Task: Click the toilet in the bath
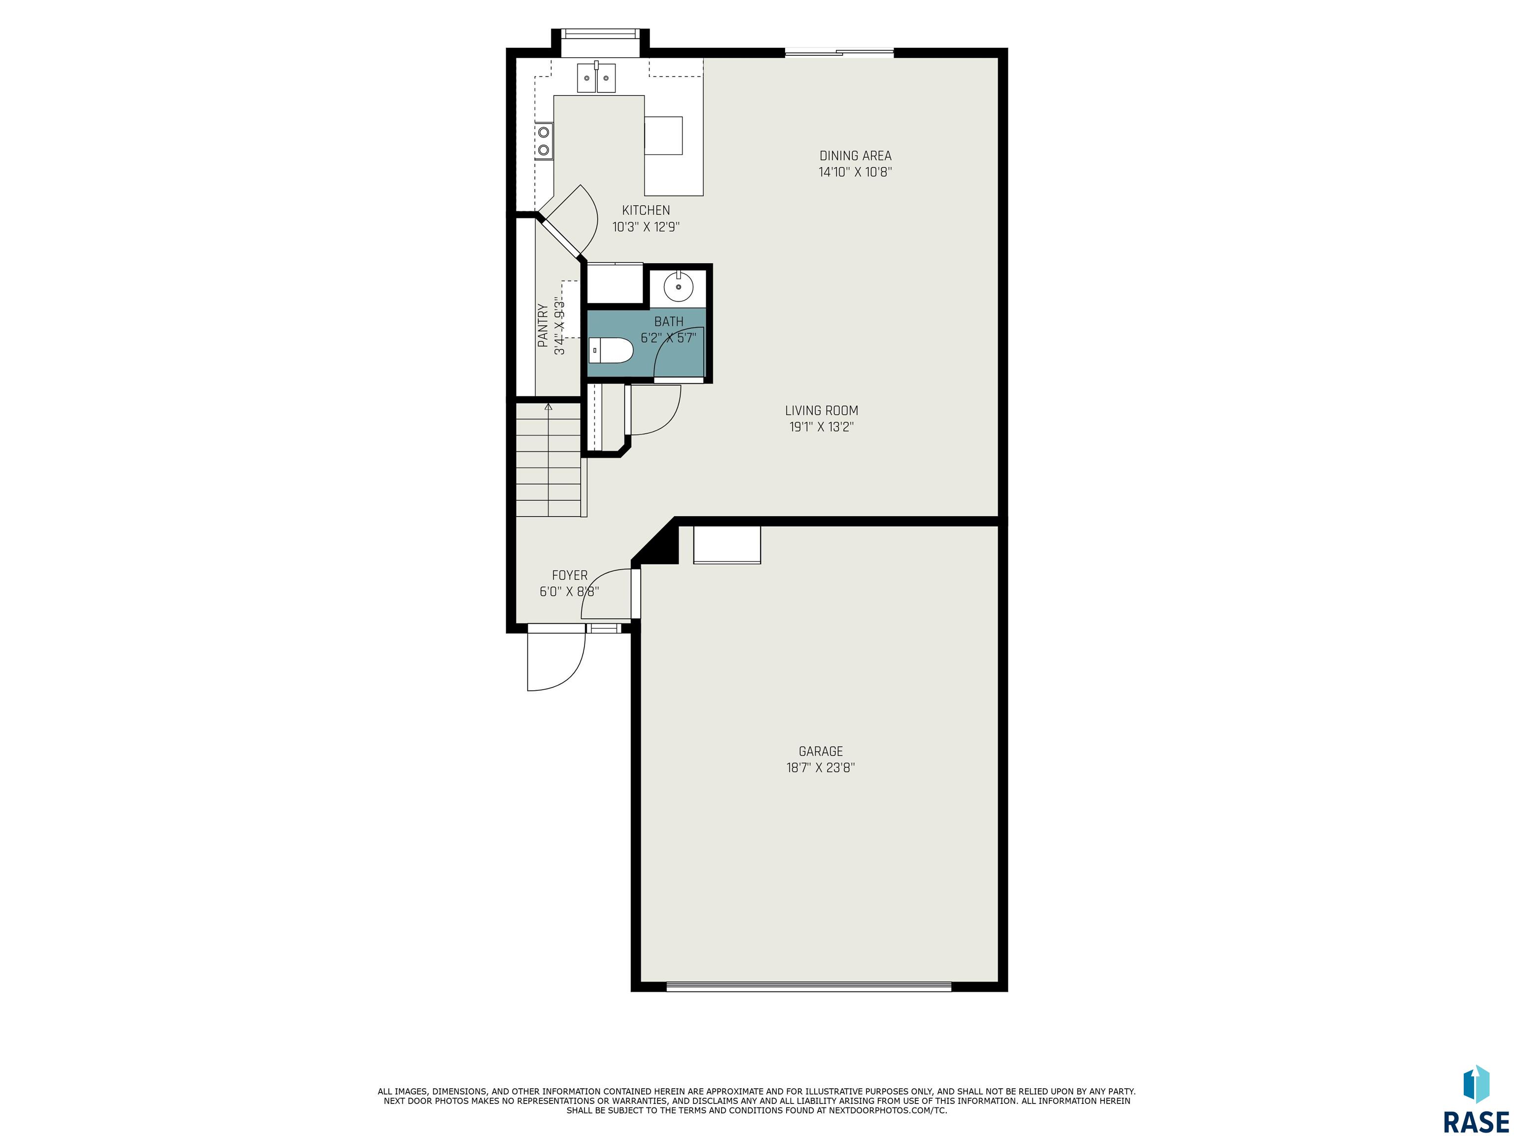611,351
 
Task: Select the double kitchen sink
596,77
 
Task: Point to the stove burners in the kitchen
544,141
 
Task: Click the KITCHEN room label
646,210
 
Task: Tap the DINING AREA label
856,155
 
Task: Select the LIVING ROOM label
822,410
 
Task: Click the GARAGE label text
821,751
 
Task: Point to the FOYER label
569,575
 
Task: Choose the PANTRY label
543,325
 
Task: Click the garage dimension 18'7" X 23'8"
821,768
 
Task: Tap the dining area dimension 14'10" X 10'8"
856,172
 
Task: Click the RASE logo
1476,1100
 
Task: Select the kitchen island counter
674,145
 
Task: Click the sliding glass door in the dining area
839,52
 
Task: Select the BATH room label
669,321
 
